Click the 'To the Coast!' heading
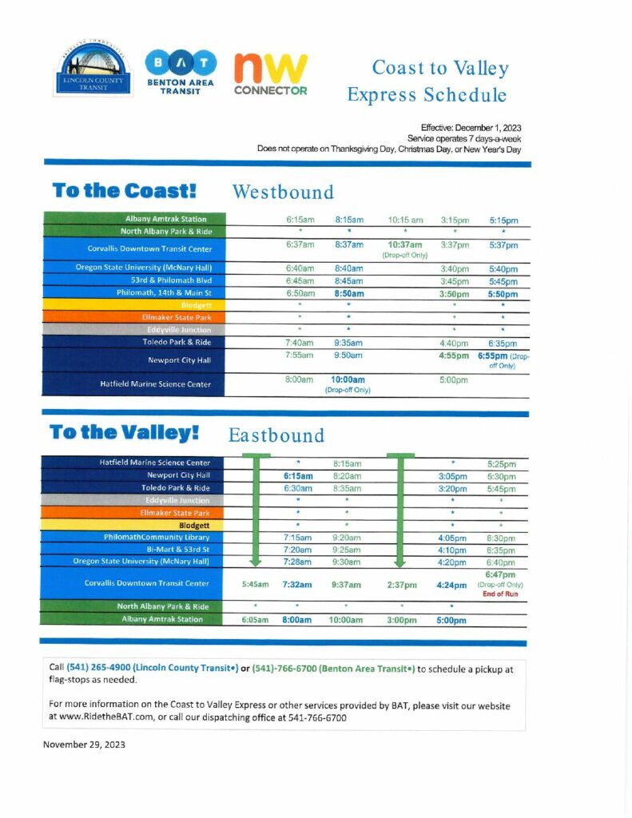coord(124,191)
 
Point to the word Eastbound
coord(276,435)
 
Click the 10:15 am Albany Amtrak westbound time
coord(405,219)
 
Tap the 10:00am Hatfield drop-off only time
coord(348,380)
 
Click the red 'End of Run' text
coord(500,594)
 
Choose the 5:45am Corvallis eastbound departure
coord(255,585)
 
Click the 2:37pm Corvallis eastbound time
coord(402,585)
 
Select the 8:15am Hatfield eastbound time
coord(347,463)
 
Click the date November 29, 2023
coord(84,744)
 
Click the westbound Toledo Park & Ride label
coord(176,342)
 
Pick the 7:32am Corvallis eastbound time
coord(296,585)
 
